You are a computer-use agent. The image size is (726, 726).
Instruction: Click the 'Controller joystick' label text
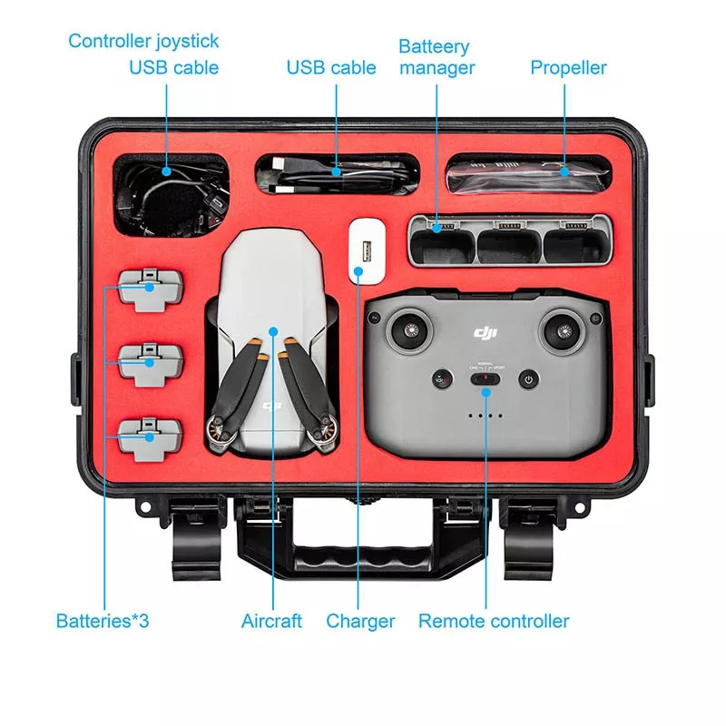point(143,41)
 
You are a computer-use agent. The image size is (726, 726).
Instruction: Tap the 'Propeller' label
point(568,67)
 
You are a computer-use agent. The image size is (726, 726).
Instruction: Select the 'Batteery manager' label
point(436,56)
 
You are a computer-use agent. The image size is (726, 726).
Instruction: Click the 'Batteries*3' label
point(103,622)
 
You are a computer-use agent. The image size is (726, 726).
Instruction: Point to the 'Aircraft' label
point(272,622)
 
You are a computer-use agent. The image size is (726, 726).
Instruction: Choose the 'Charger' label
point(360,622)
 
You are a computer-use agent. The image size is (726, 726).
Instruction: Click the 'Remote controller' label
point(493,622)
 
